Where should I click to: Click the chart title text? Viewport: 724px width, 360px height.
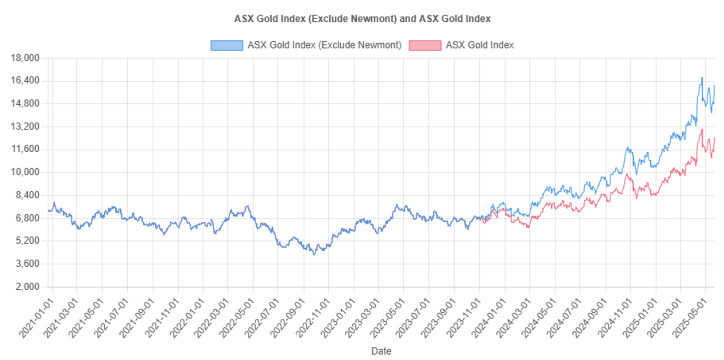point(362,19)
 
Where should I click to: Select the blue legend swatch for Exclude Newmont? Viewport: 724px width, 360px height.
point(226,46)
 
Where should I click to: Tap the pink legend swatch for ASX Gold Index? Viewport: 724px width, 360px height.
point(425,46)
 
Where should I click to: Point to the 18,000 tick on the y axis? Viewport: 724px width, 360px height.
point(25,58)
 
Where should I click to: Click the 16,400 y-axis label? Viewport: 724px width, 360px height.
point(25,80)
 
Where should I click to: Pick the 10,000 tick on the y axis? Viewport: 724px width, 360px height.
point(25,172)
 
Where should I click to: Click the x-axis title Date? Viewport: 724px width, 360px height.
point(381,351)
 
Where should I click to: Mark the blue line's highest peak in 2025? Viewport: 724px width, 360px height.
point(701,78)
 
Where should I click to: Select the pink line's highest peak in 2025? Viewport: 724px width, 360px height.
point(702,130)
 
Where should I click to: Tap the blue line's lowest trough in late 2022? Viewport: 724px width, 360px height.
point(314,254)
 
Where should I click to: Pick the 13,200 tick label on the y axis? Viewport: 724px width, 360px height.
point(25,126)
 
